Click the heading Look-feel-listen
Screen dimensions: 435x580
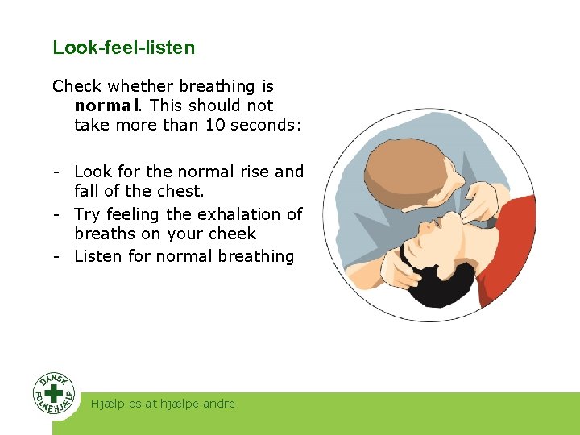123,48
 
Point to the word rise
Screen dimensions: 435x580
253,172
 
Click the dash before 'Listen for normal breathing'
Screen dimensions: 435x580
58,256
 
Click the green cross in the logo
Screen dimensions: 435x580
54,394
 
